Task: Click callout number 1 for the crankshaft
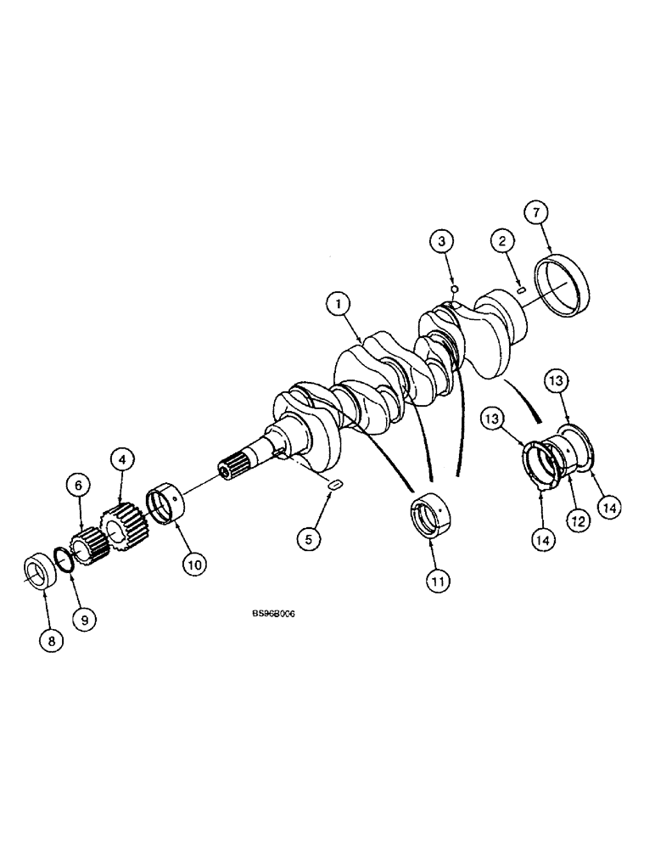coord(337,302)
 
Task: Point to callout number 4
coord(122,459)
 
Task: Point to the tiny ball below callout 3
coord(455,290)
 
